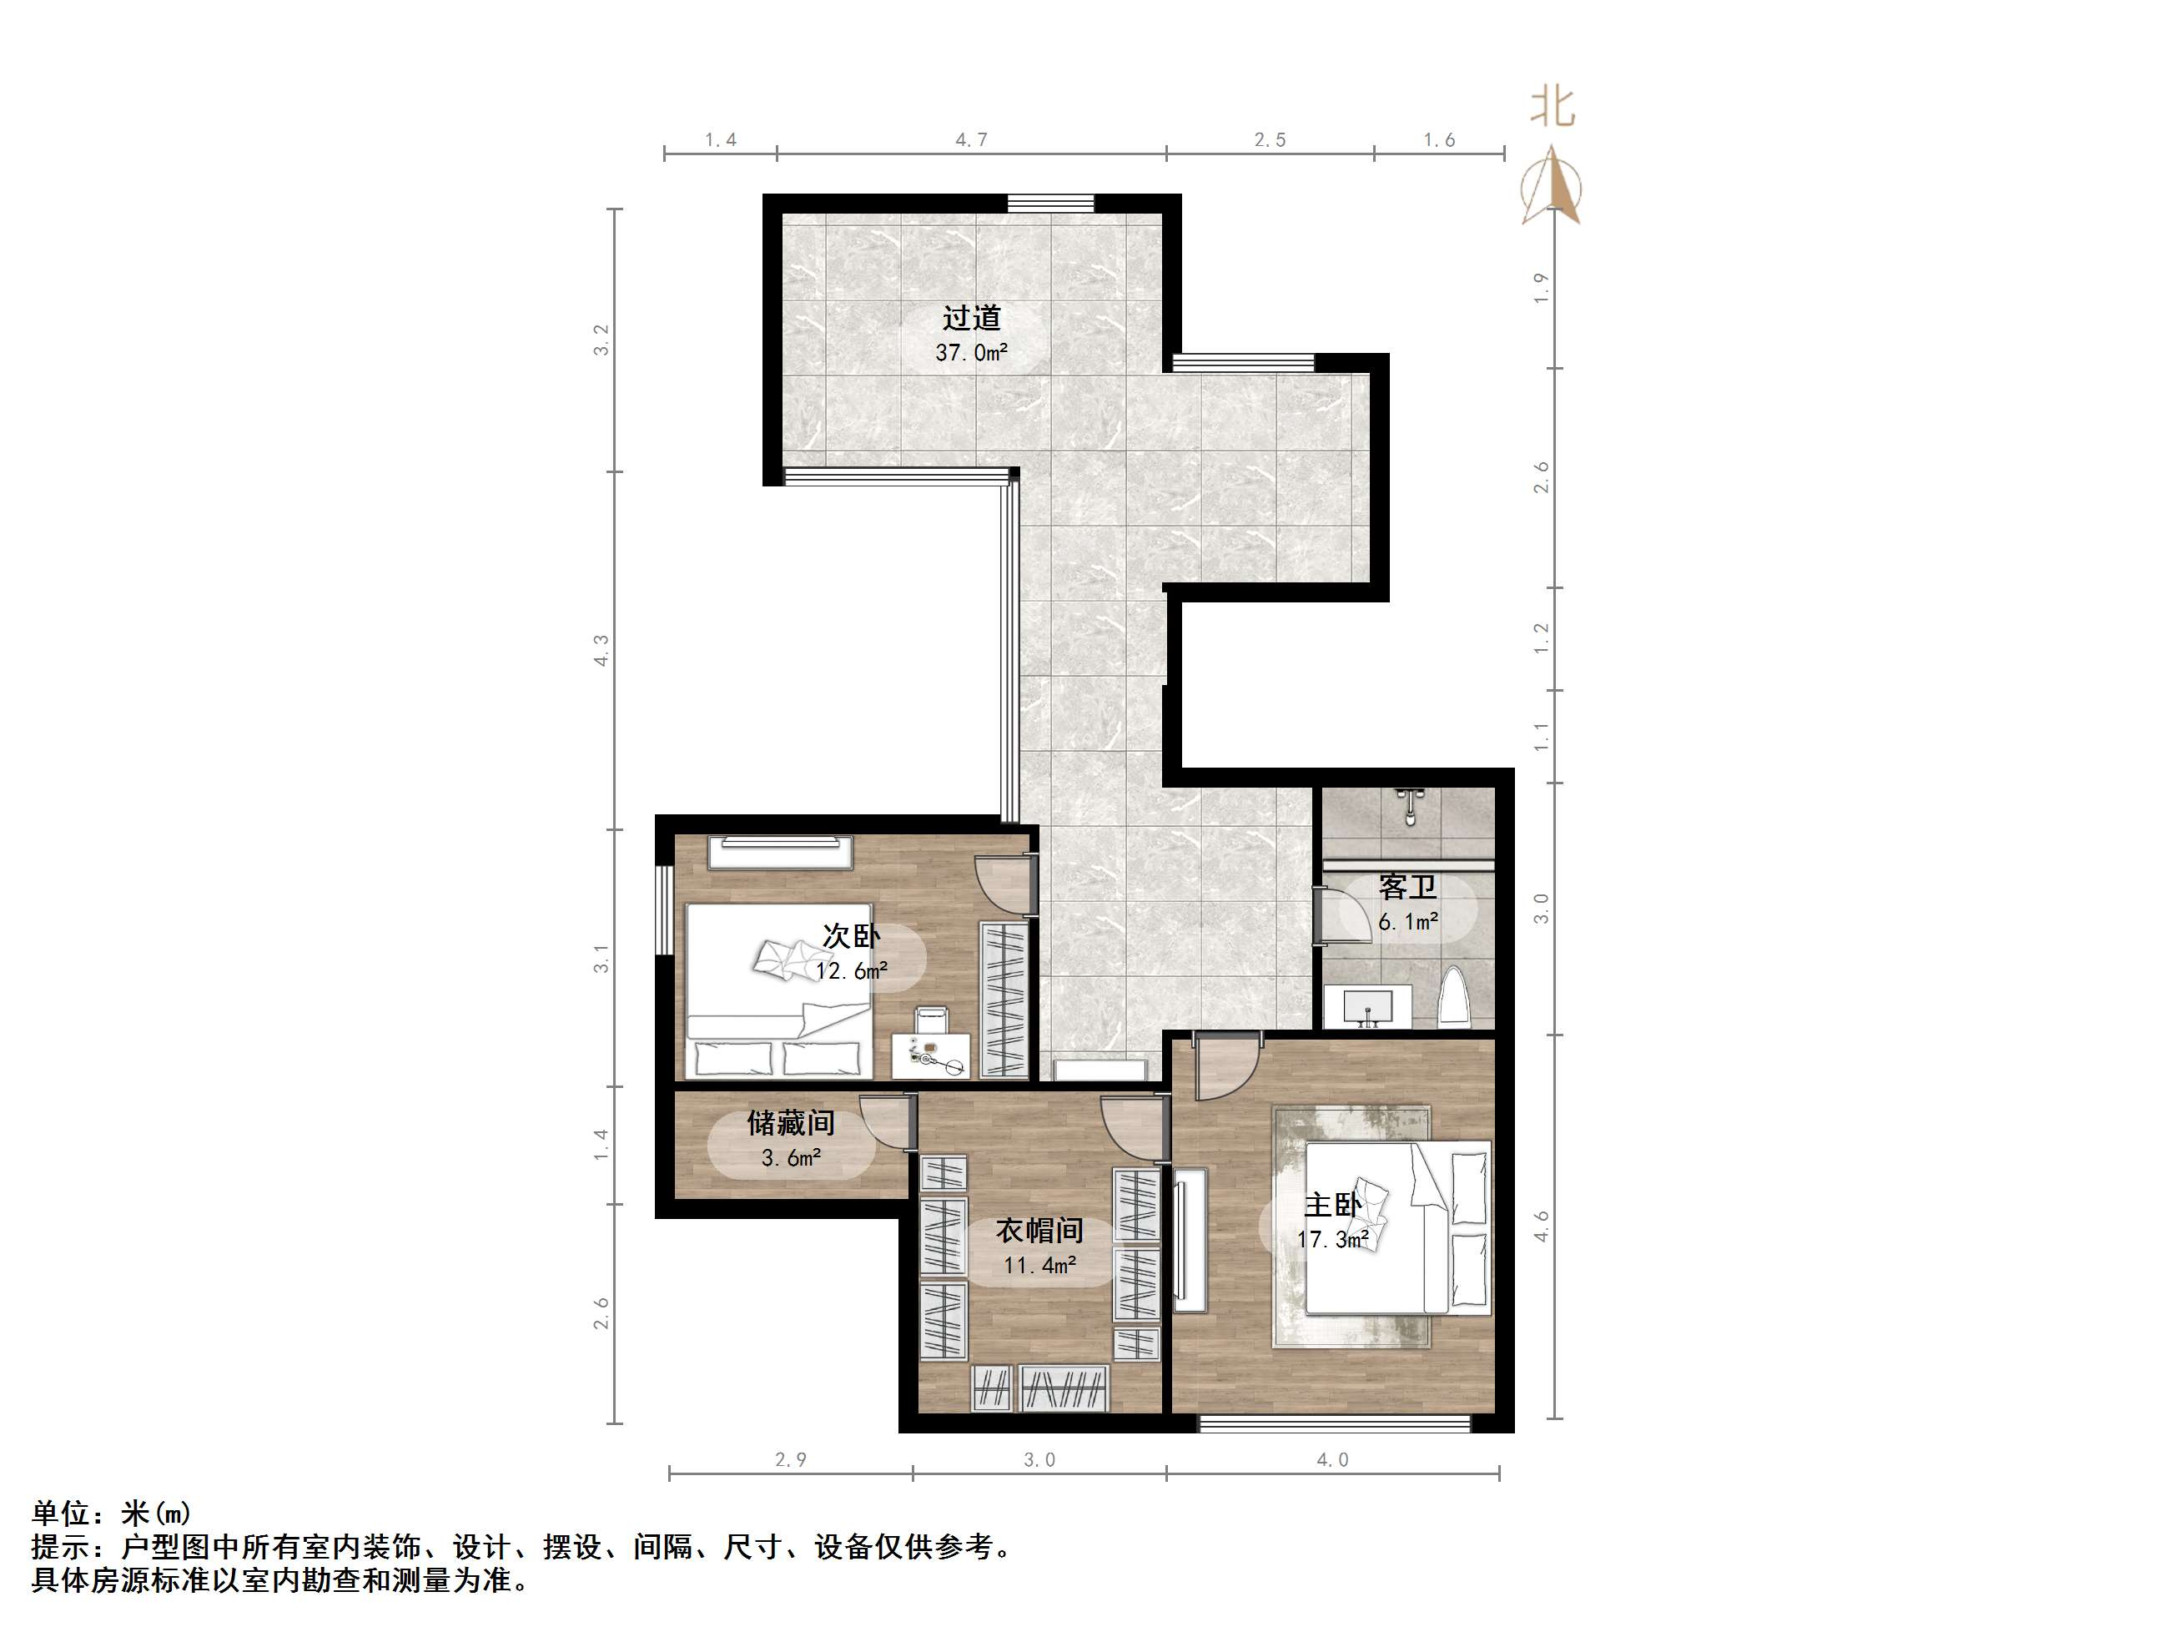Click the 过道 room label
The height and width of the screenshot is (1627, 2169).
pos(971,319)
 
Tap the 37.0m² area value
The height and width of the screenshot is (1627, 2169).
pos(971,352)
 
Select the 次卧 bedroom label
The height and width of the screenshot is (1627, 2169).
pos(851,935)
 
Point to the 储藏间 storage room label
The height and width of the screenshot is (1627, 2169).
pos(790,1122)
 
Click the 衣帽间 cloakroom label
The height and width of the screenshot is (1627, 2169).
pos(1039,1230)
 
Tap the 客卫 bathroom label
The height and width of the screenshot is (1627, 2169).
pos(1407,888)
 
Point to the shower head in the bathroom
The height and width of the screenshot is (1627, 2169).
pos(1410,805)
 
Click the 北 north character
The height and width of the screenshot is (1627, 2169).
pos(1553,107)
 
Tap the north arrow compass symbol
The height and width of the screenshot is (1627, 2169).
pos(1551,186)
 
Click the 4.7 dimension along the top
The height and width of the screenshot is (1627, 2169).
pos(971,140)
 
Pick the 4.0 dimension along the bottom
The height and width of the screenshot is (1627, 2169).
pos(1331,1460)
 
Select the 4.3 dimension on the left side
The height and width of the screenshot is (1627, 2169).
pos(601,650)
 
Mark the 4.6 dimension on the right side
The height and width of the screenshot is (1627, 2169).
pos(1542,1226)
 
